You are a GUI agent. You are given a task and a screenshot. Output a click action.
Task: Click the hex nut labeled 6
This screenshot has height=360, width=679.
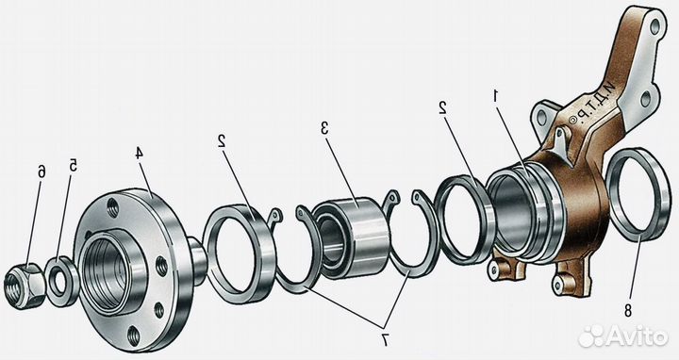click(x=23, y=286)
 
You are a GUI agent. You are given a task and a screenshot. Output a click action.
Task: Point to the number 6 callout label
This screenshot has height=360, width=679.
click(x=41, y=172)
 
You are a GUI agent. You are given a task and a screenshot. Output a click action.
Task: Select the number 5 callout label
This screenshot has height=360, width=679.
click(x=74, y=165)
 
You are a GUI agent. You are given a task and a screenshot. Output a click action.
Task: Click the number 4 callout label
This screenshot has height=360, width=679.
click(x=138, y=154)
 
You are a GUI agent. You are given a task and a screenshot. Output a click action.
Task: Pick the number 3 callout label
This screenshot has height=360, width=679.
click(x=324, y=128)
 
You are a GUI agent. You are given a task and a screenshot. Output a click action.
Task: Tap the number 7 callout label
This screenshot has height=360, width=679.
click(x=384, y=340)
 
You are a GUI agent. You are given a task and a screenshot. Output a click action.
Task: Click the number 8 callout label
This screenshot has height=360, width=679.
click(x=628, y=310)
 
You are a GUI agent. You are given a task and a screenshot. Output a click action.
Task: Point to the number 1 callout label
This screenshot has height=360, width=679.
click(x=497, y=94)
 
